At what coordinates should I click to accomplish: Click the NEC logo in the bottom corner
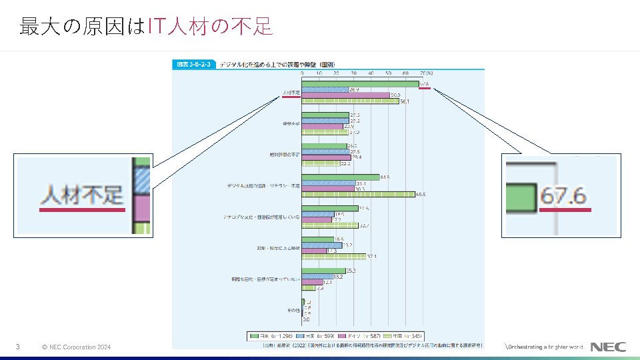[x=608, y=347]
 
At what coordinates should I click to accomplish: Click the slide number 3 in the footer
[x=18, y=347]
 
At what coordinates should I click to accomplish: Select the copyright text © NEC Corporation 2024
[x=76, y=347]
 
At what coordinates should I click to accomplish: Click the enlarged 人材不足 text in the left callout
[x=82, y=195]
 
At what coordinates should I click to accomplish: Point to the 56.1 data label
[x=404, y=102]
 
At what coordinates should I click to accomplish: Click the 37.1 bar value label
[x=371, y=256]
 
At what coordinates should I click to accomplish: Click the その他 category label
[x=293, y=311]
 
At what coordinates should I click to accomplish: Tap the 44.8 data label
[x=385, y=177]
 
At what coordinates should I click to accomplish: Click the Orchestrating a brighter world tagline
[x=545, y=347]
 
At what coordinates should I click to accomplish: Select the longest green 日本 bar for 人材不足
[x=360, y=84]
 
